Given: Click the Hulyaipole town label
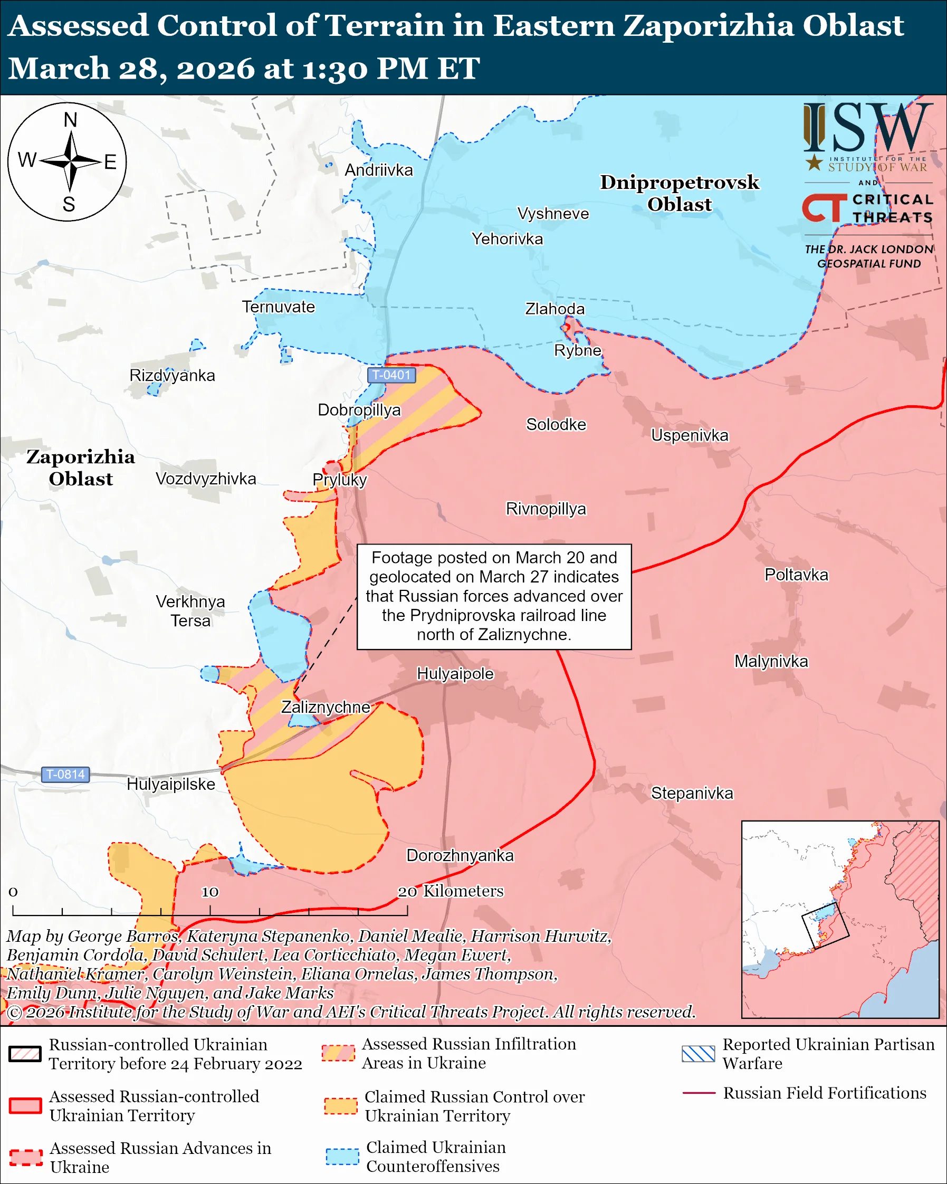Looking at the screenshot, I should tap(455, 673).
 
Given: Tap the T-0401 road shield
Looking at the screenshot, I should tap(391, 375).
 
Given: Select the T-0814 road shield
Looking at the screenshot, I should tap(65, 775).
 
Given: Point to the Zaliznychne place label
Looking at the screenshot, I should tap(326, 707).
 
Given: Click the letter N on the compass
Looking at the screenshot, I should tap(70, 120).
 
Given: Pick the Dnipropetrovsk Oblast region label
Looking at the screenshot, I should tap(679, 193).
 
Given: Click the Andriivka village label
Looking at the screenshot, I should tap(378, 170).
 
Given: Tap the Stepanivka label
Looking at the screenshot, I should tap(692, 793).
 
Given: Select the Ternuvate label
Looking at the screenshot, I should tap(279, 307).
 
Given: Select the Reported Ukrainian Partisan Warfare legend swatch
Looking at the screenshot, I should tap(698, 1054).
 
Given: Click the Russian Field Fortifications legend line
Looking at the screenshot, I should tap(699, 1093).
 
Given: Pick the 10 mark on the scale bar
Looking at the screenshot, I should tap(210, 892).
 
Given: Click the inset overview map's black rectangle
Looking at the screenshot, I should tap(825, 925).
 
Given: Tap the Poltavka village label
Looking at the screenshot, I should tap(796, 575).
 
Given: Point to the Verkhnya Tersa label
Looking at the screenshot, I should tap(190, 610).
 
